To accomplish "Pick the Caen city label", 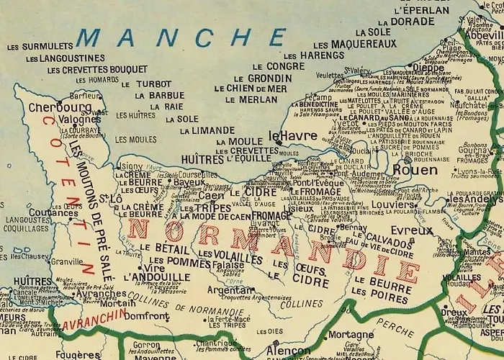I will pyautogui.click(x=212, y=195).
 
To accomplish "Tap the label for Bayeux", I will pyautogui.click(x=189, y=182).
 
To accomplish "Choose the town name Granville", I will pyautogui.click(x=67, y=262).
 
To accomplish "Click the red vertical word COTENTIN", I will pyautogui.click(x=69, y=194).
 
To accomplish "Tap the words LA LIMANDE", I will pyautogui.click(x=207, y=130).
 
